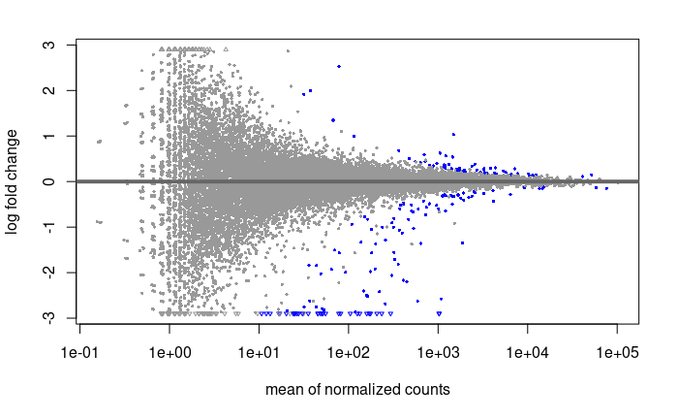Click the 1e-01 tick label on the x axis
click(79, 353)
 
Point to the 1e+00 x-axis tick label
click(169, 353)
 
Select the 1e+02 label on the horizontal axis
click(349, 353)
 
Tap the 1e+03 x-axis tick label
click(438, 353)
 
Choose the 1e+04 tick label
click(528, 353)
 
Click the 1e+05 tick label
click(618, 353)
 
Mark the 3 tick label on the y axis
click(49, 45)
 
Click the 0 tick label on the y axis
click(49, 181)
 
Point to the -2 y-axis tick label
click(49, 273)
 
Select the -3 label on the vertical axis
click(49, 318)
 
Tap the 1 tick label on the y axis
click(49, 136)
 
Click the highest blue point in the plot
click(339, 66)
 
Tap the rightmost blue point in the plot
click(606, 188)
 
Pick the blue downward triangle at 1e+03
click(440, 313)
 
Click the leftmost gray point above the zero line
click(100, 142)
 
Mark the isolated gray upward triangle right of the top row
click(226, 49)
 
